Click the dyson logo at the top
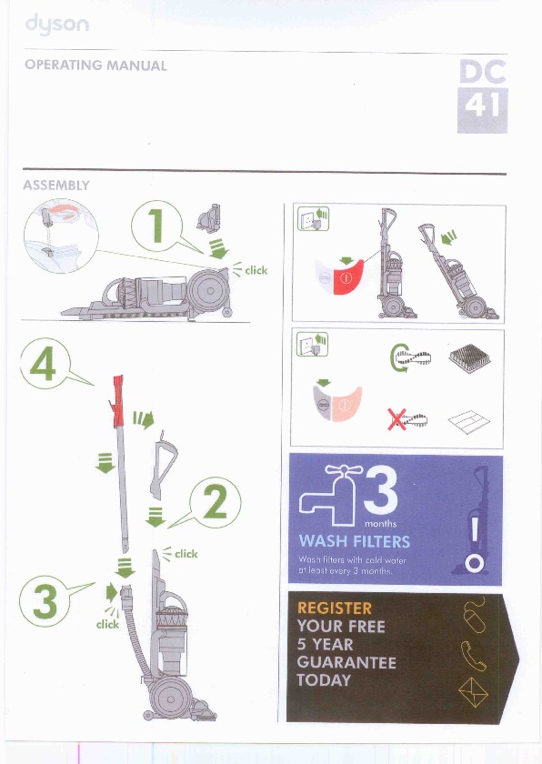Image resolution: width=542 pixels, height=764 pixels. [x=57, y=25]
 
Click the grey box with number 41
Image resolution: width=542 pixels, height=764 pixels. [x=482, y=111]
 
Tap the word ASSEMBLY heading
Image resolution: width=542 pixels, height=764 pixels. [x=56, y=186]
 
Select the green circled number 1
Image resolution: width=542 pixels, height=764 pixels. [x=156, y=226]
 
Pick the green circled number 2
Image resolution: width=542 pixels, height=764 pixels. [x=216, y=502]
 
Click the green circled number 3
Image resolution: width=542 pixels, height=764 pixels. [x=45, y=601]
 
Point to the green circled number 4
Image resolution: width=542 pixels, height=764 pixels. [x=45, y=364]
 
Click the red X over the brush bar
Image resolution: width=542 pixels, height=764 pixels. [x=396, y=419]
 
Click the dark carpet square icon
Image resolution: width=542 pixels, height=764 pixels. [x=469, y=358]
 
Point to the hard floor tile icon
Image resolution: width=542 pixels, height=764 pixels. [x=469, y=422]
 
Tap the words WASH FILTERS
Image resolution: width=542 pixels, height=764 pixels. [x=355, y=541]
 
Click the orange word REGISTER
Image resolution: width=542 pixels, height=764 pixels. [x=334, y=608]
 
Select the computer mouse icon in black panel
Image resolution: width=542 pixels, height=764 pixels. [x=475, y=615]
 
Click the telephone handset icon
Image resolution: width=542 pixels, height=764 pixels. [x=473, y=656]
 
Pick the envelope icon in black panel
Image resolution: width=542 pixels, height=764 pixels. [x=473, y=692]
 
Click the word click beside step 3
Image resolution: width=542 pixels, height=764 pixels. [x=107, y=624]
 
